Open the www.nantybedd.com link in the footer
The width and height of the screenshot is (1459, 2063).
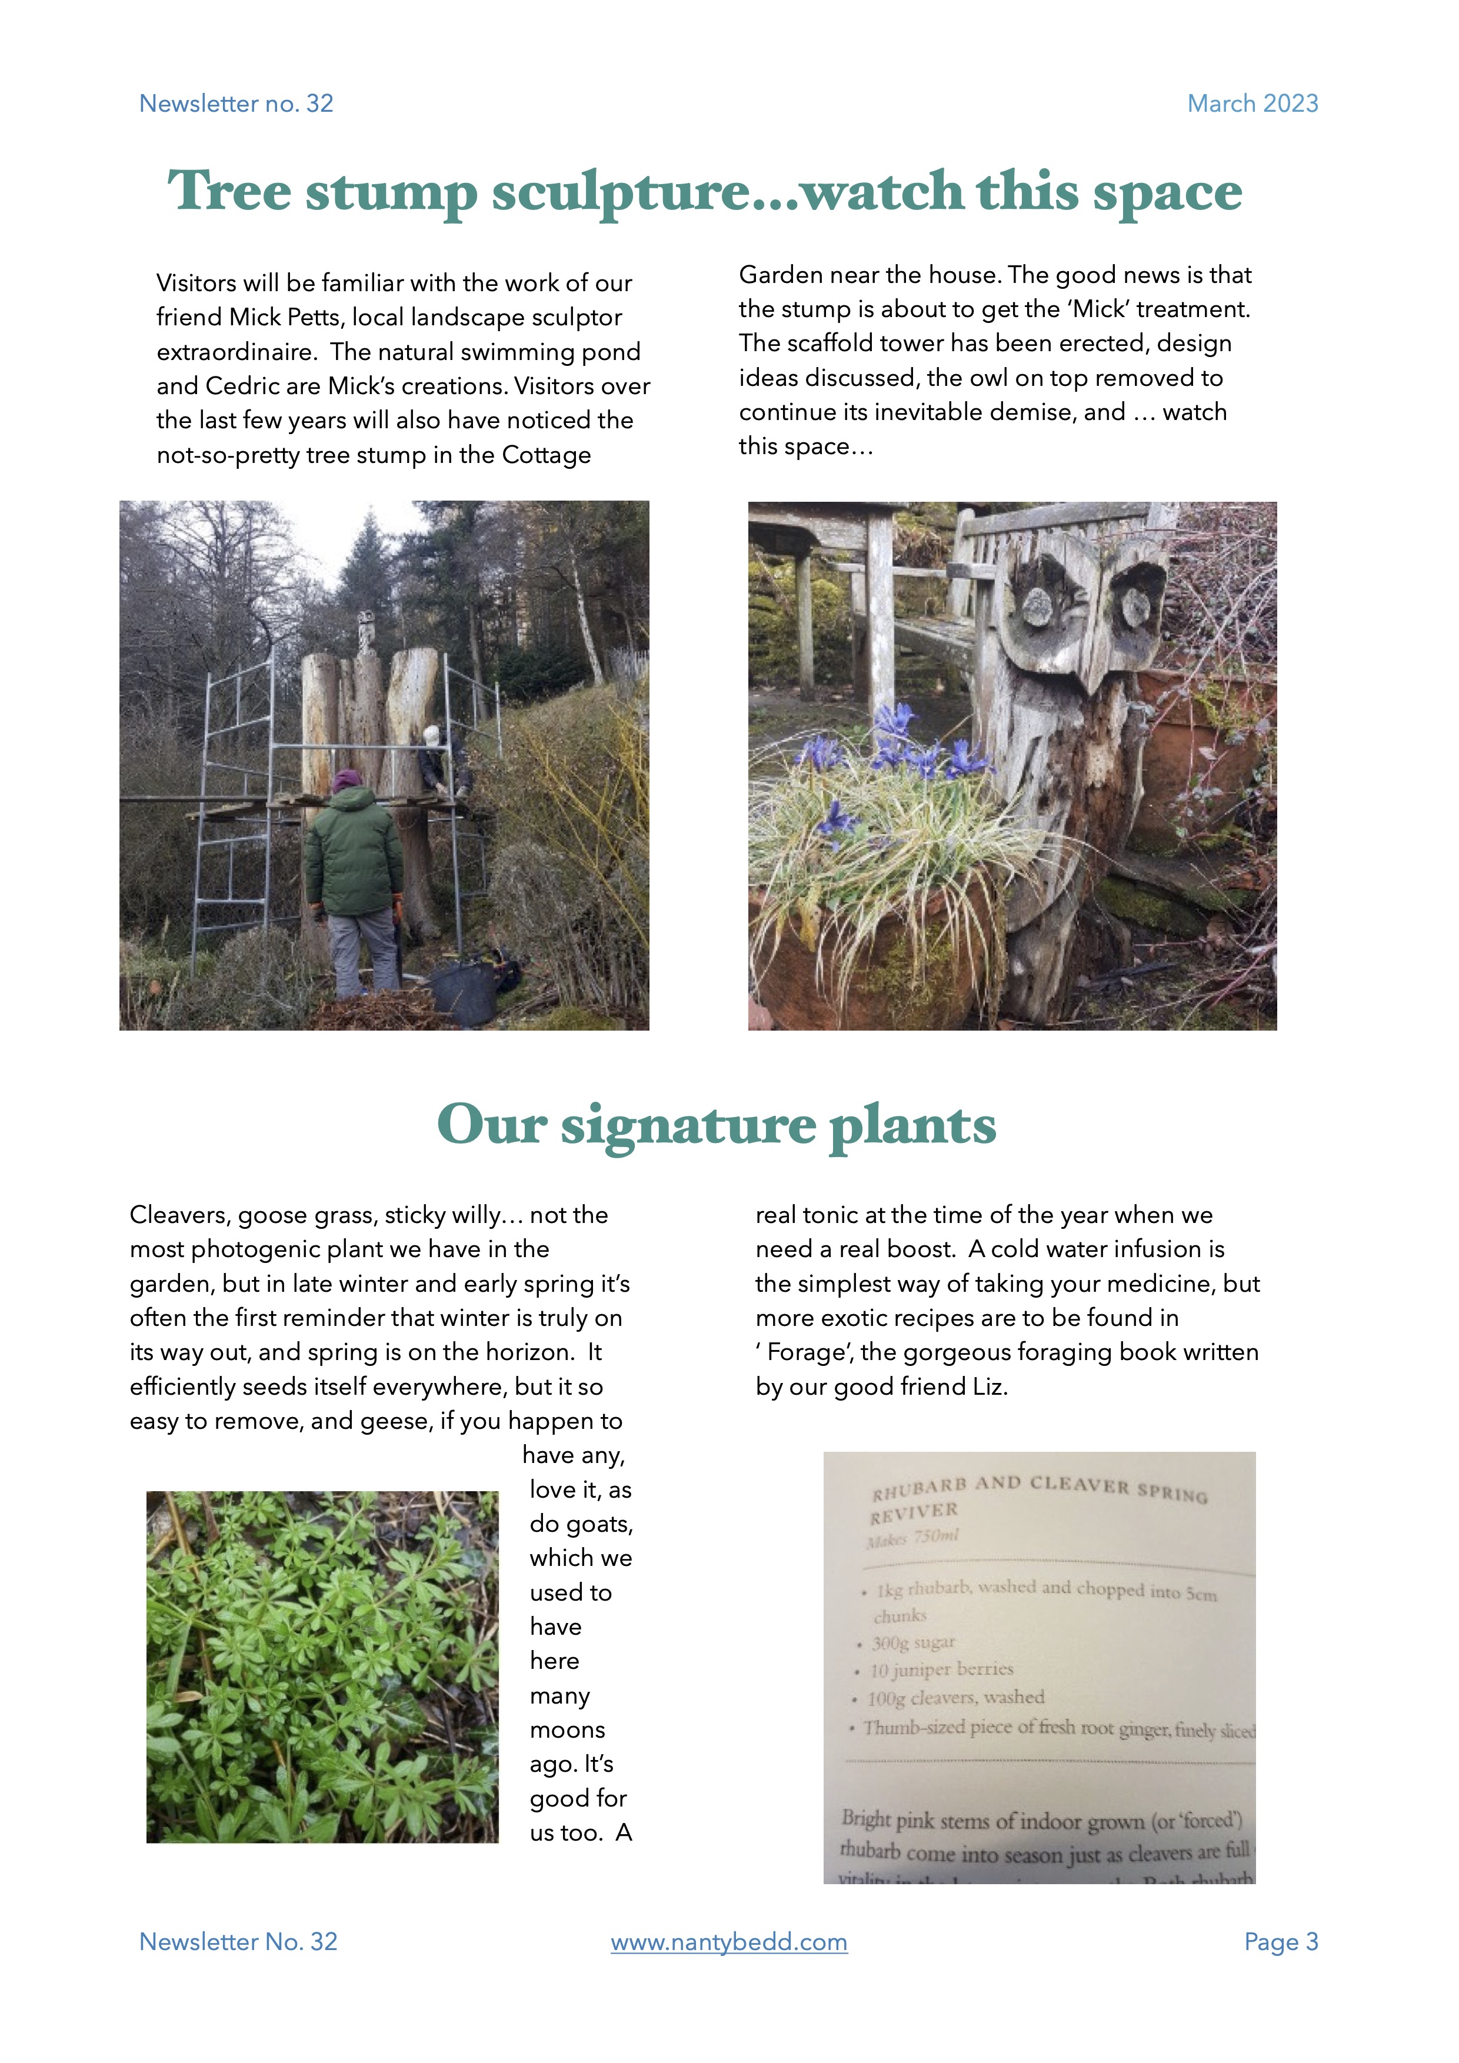coord(728,1942)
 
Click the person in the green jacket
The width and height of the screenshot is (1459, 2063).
coord(355,862)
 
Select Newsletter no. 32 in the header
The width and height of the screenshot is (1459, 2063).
coord(236,104)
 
